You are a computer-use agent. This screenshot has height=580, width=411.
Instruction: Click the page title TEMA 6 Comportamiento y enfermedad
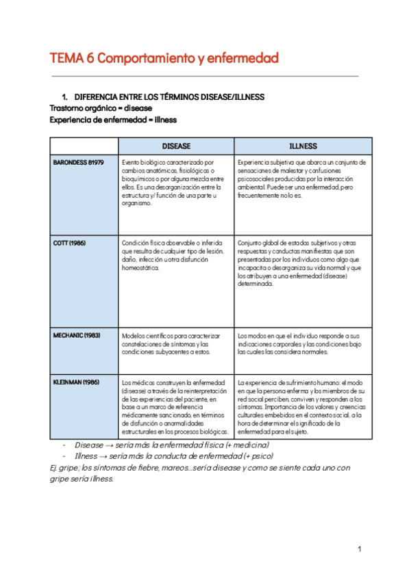coord(164,59)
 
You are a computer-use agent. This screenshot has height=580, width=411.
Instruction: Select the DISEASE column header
coord(176,146)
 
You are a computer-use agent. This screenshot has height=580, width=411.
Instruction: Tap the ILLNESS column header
coord(303,146)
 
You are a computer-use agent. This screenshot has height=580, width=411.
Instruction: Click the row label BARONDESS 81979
coord(78,163)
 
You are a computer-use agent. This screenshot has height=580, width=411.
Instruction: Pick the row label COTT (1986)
coord(69,243)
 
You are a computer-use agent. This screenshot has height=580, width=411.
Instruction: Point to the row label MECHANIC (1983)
coord(76,336)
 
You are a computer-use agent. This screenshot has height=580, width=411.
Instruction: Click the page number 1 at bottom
coord(359,549)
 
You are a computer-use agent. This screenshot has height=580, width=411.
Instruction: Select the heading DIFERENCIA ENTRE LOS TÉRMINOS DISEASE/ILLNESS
coord(169,97)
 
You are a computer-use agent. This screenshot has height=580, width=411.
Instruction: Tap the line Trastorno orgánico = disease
coord(101,108)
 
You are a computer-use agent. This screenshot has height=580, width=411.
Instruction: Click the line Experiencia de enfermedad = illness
coord(113,119)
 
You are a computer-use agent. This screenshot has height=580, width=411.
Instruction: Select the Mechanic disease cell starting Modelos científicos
coord(175,344)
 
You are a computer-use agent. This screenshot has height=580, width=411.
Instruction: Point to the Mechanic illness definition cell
coord(303,344)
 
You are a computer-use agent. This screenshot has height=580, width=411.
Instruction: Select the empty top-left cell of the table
coord(84,146)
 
